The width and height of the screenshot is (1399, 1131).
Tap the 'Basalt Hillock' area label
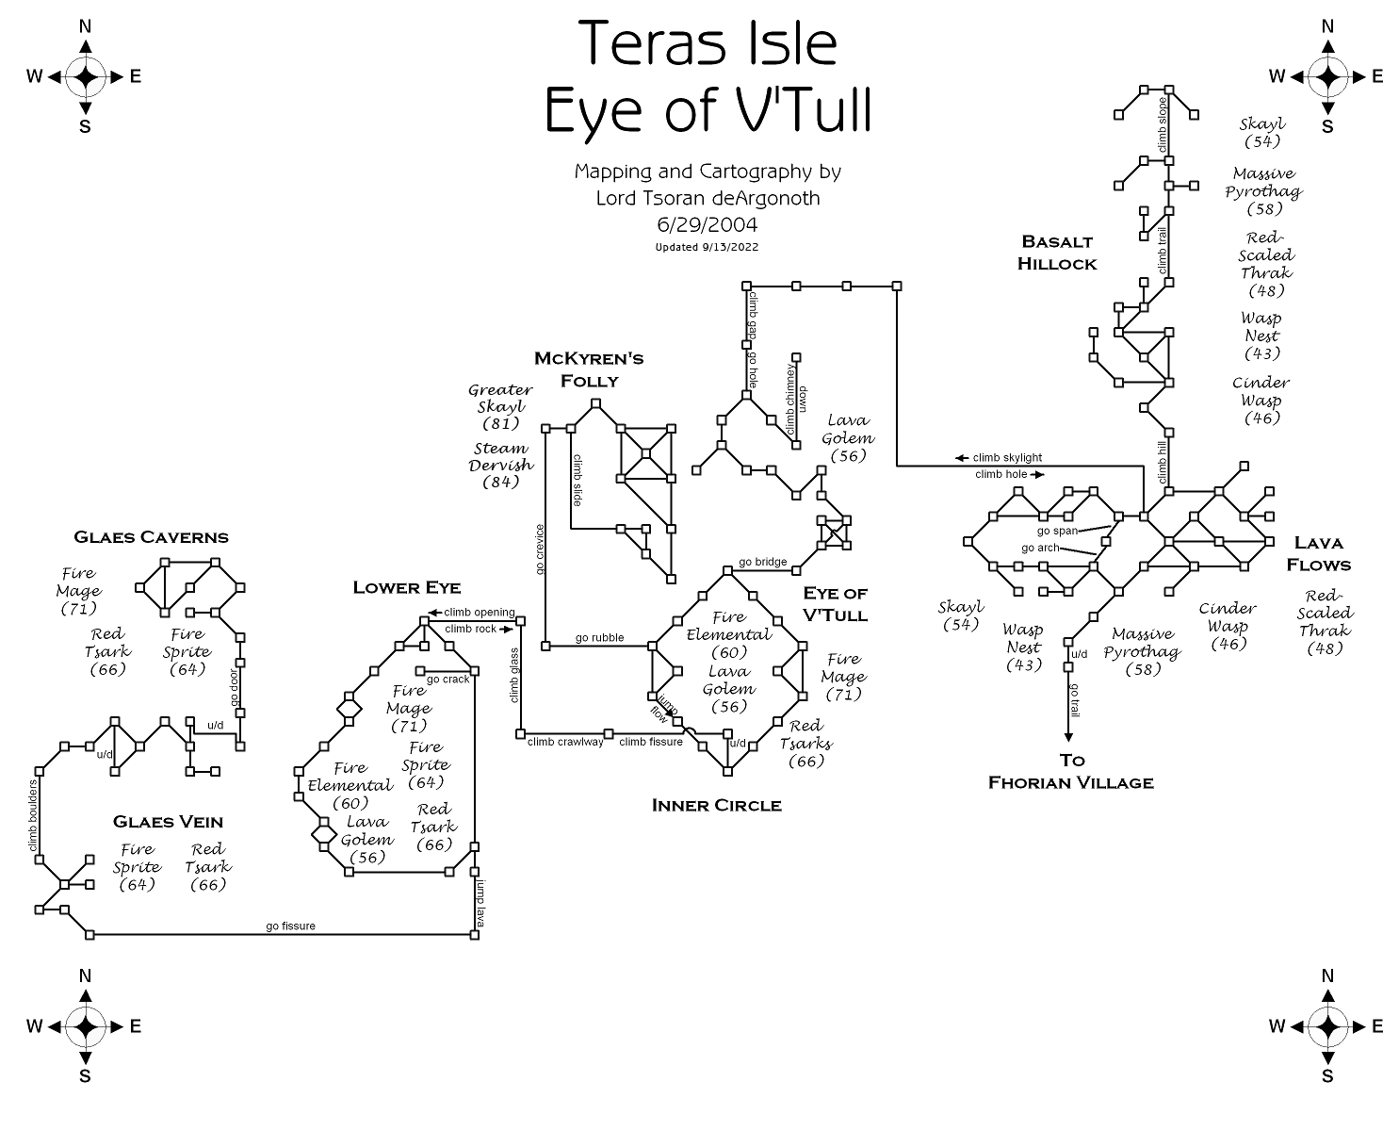[1057, 253]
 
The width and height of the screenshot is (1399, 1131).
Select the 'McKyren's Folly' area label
[589, 369]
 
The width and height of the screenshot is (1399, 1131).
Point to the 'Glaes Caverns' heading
[151, 537]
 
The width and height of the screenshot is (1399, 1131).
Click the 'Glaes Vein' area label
[168, 822]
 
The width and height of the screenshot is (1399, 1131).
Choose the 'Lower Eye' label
[406, 588]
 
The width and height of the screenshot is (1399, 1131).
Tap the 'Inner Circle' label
[716, 805]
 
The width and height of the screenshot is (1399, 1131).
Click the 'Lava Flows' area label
[1318, 554]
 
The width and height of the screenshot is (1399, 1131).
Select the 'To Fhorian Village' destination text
[1071, 771]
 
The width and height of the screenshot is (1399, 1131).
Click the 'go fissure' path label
[290, 926]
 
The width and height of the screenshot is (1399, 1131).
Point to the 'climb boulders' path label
[34, 816]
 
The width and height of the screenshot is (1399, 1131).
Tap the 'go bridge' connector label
[762, 563]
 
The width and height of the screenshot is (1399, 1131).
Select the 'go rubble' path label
[599, 638]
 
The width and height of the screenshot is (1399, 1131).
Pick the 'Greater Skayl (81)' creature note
[500, 406]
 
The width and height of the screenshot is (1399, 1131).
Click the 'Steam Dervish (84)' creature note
[500, 465]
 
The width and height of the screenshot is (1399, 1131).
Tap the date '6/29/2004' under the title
[707, 224]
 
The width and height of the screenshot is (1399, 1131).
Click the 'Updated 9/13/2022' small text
[707, 247]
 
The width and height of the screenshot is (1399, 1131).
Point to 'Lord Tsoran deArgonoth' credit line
[707, 198]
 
